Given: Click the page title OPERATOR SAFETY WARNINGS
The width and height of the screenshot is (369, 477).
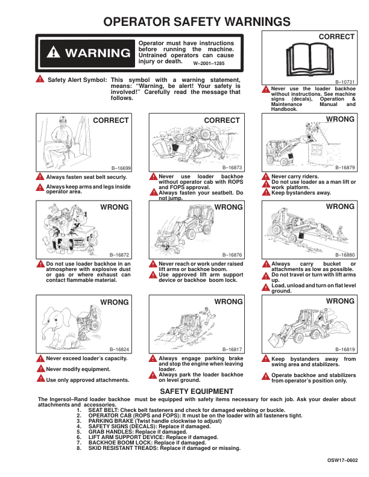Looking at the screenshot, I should tap(197, 22).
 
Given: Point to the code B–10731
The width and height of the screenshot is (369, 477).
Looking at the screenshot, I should tap(345, 82).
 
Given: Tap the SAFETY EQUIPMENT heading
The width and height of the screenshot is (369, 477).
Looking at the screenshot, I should tap(195, 392).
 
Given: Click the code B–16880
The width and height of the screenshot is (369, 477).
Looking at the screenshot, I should tap(345, 255).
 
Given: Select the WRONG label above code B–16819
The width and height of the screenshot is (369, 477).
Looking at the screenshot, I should tap(340, 301).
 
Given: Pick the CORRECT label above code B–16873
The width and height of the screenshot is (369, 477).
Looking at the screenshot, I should tap(222, 120).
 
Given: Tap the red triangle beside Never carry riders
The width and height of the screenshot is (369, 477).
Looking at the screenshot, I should tap(266, 177).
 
